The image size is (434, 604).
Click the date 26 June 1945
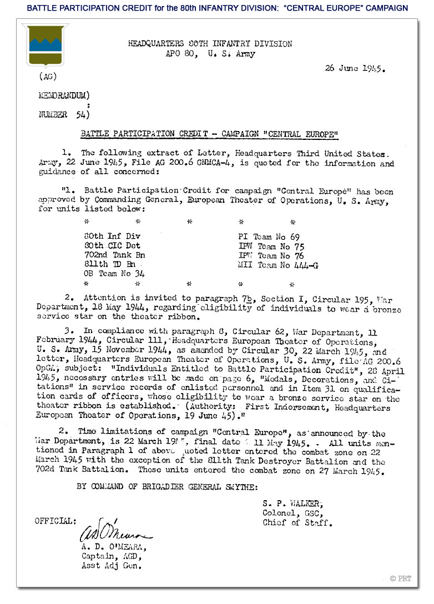(x=355, y=69)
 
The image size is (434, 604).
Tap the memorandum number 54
(x=79, y=115)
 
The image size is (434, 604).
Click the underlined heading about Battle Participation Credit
(x=209, y=134)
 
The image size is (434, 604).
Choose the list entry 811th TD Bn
(x=109, y=265)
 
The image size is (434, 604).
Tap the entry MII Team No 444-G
(x=278, y=265)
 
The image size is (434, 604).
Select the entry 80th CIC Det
(x=109, y=246)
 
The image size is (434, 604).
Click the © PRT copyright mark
(x=401, y=578)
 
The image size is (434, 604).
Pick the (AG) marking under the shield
(x=48, y=77)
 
